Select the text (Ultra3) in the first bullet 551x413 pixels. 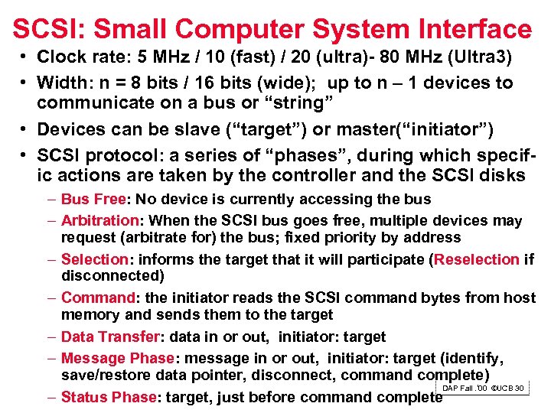pyautogui.click(x=485, y=57)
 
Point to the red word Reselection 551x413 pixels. pyautogui.click(x=477, y=259)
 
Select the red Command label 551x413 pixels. pyautogui.click(x=97, y=298)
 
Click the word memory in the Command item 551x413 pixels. pyautogui.click(x=90, y=314)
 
